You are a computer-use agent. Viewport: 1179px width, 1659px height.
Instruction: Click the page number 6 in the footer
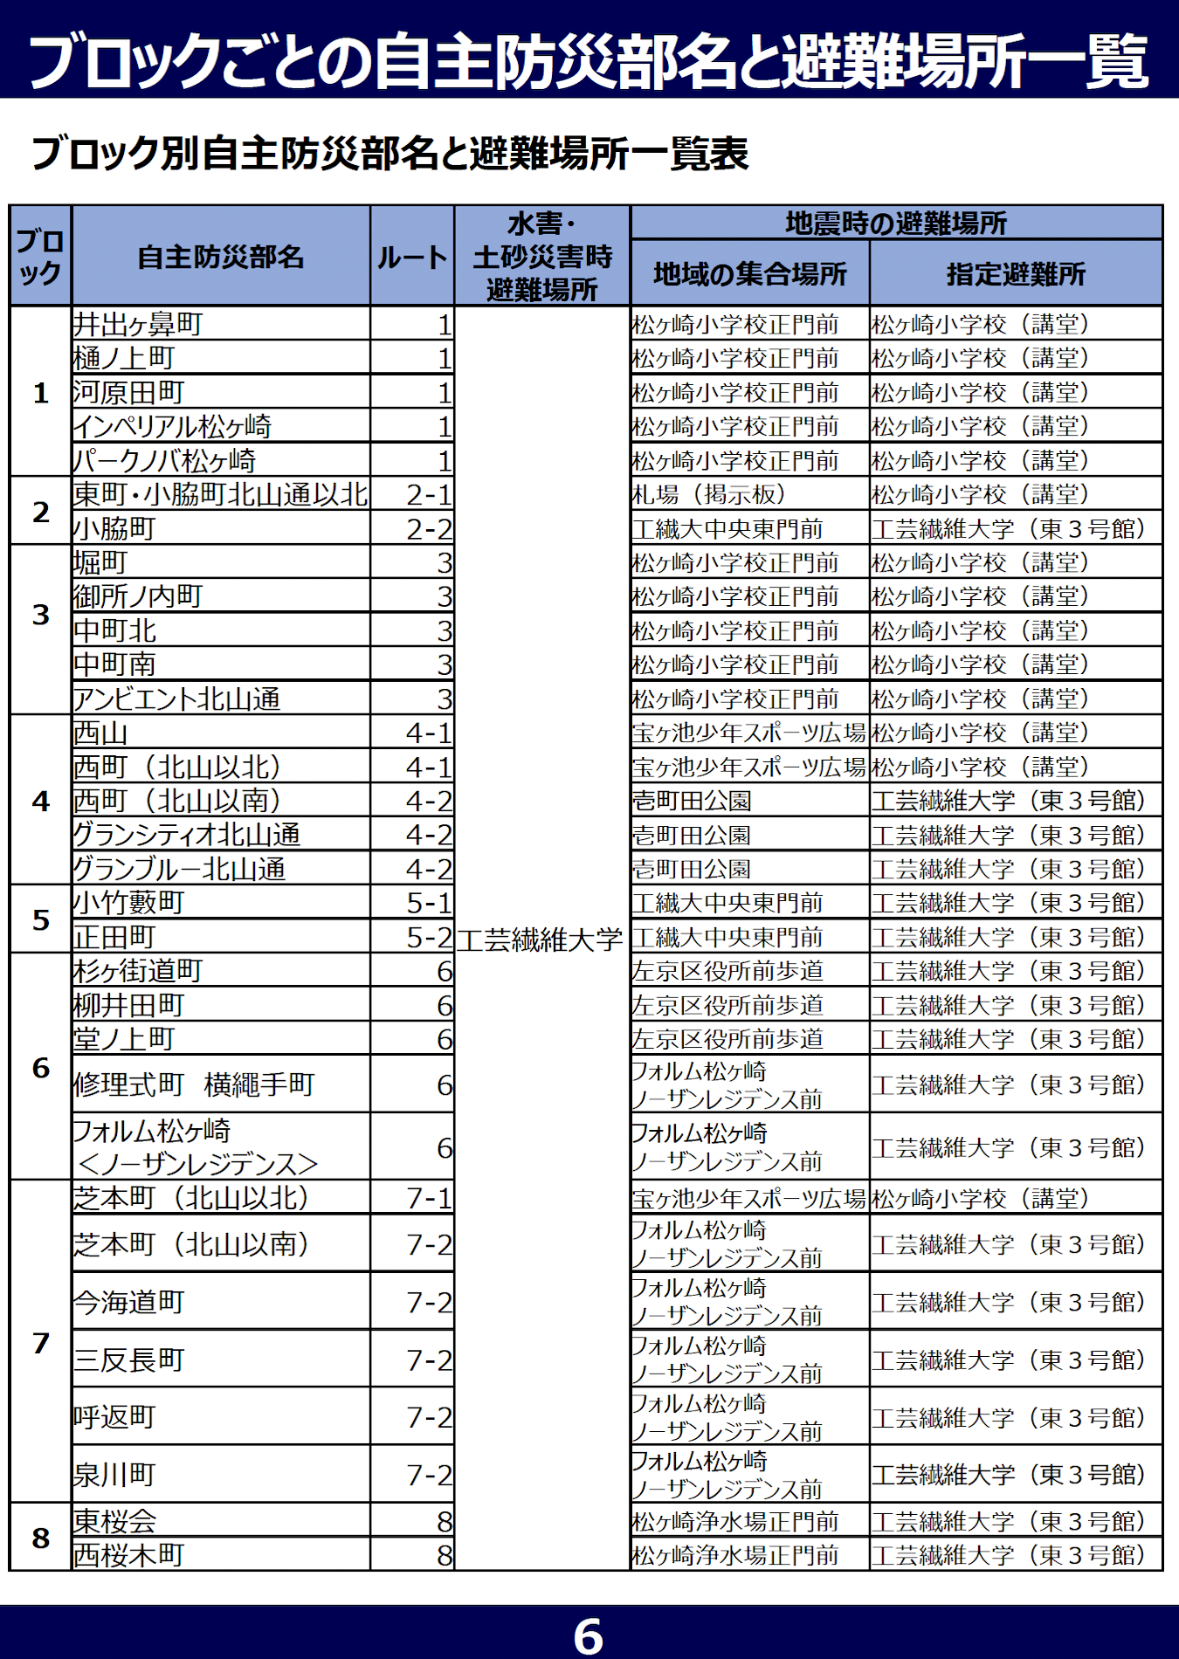tap(588, 1635)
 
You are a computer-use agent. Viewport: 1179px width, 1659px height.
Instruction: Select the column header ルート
tap(412, 257)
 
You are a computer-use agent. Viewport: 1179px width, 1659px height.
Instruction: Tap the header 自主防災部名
tap(221, 257)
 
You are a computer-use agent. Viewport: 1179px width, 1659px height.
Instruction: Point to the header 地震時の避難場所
tap(896, 224)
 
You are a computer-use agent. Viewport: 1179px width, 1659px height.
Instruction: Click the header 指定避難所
tap(1016, 274)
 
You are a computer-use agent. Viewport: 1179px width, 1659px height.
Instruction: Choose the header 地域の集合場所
tap(749, 274)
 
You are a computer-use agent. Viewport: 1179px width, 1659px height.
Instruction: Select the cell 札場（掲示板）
tap(708, 494)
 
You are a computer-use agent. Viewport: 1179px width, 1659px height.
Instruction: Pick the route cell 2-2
tap(429, 528)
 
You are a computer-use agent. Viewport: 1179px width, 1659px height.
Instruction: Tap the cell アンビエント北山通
tap(177, 699)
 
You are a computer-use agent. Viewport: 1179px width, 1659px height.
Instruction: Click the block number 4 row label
tap(40, 801)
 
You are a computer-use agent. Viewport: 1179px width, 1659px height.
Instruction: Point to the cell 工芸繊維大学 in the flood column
tap(541, 939)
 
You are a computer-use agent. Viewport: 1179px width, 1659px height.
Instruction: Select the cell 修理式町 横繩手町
tap(194, 1084)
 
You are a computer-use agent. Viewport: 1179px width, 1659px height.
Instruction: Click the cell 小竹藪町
tap(129, 902)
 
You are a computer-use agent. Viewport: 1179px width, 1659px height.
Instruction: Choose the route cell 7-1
tap(429, 1198)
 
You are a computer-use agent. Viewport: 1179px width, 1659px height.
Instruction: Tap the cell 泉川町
tap(115, 1474)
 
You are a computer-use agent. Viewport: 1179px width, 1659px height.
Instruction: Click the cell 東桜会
tap(115, 1521)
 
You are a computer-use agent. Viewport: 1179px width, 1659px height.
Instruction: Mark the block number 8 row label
tap(40, 1538)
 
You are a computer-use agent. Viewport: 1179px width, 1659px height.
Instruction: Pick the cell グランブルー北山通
tap(179, 869)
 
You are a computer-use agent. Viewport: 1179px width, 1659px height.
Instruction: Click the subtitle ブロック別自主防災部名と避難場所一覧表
tap(390, 154)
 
